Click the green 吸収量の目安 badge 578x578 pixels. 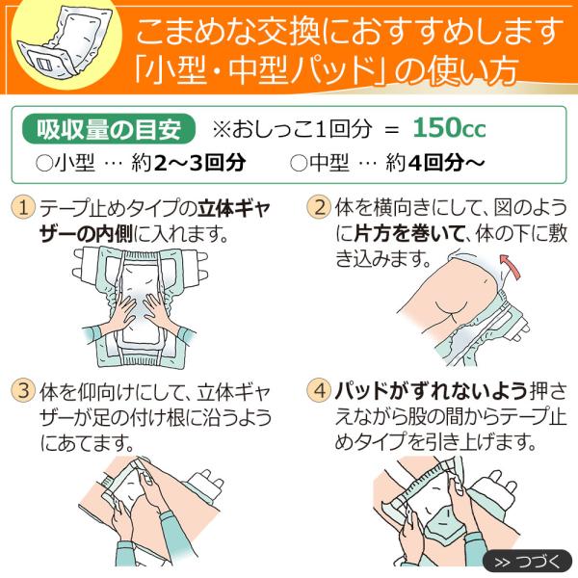pos(109,129)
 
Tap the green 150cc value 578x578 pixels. pos(449,128)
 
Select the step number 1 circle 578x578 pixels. pos(23,207)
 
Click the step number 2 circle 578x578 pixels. pos(319,207)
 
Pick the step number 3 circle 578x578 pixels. pos(23,390)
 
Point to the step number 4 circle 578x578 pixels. pos(319,390)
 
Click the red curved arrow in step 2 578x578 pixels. pos(511,266)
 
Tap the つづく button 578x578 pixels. pos(528,563)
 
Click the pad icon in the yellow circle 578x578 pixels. pos(65,43)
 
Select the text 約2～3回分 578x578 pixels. pos(189,163)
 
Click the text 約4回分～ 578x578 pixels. pos(435,163)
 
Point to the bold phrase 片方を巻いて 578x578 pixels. pos(408,233)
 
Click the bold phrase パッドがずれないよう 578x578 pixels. pos(432,391)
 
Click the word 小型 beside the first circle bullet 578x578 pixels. pos(74,163)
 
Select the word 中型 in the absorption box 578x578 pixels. pos(329,163)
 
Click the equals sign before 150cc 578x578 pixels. pos(391,129)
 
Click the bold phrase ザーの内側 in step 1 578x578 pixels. pos(87,234)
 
